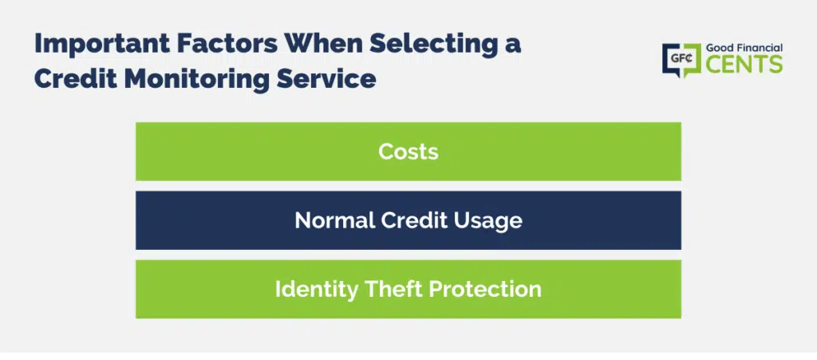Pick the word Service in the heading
pyautogui.click(x=328, y=80)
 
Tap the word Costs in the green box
pyautogui.click(x=408, y=152)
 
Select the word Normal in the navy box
pyautogui.click(x=334, y=220)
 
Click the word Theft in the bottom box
pyautogui.click(x=391, y=289)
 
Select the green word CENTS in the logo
pyautogui.click(x=744, y=64)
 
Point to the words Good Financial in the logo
pyautogui.click(x=744, y=48)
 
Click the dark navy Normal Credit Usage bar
pyautogui.click(x=408, y=220)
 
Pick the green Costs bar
pyautogui.click(x=408, y=152)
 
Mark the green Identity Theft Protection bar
pyautogui.click(x=408, y=289)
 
